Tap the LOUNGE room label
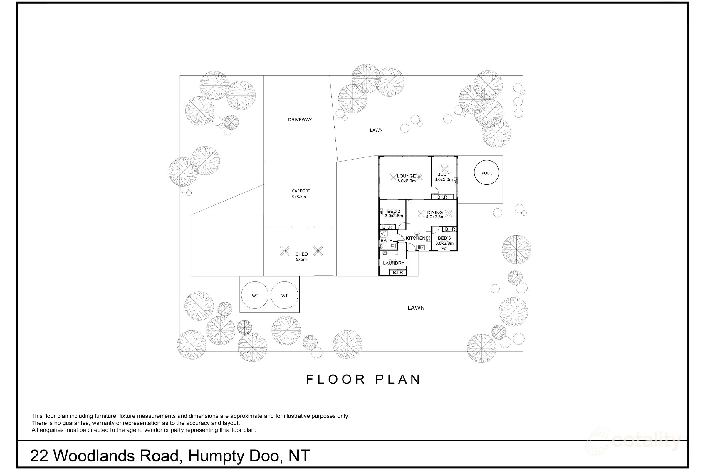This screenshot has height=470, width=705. pos(406,176)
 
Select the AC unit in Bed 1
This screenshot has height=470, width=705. pos(455,181)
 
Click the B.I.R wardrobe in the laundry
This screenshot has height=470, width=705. pos(398,273)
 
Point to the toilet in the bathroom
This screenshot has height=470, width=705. pos(394,246)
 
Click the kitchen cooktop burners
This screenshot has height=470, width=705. pos(428,239)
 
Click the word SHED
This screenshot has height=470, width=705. pos(301,254)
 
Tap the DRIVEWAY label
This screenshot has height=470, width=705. pos(300,120)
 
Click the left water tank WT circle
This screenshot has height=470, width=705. pos(255,295)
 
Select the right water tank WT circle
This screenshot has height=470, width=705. pos(284,295)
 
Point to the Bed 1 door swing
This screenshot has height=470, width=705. pos(435,190)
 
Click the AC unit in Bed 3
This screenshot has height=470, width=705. pos(444,249)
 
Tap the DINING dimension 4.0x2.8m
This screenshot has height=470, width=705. pos(435,217)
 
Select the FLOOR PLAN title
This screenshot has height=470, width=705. pos(363,379)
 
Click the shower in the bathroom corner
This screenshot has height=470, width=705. pos(384,235)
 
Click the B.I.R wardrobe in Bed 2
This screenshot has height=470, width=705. pos(387,227)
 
